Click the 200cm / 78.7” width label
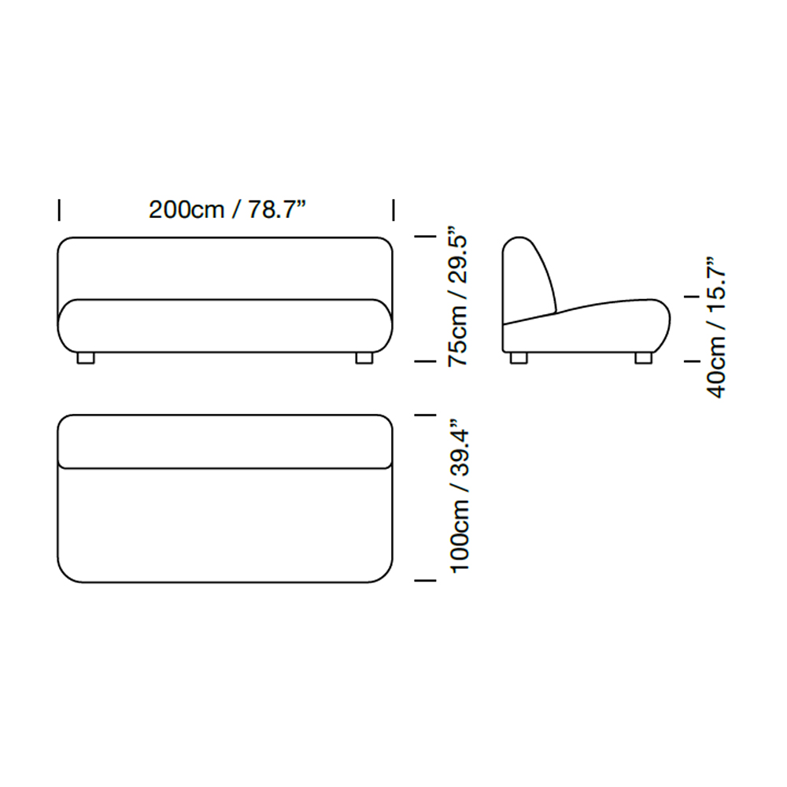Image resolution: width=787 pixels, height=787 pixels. click(x=227, y=209)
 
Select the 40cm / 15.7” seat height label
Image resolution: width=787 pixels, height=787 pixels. click(x=716, y=327)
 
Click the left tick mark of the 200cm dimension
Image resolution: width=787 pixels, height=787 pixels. click(x=59, y=210)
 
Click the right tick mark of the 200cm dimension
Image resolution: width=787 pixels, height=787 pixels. click(x=393, y=210)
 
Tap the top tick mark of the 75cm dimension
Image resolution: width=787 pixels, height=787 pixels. click(x=425, y=236)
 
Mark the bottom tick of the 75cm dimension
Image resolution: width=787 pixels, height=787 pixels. click(x=425, y=361)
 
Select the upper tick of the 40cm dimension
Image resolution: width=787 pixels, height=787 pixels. click(x=692, y=297)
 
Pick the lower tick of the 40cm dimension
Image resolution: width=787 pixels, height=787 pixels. click(x=692, y=361)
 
